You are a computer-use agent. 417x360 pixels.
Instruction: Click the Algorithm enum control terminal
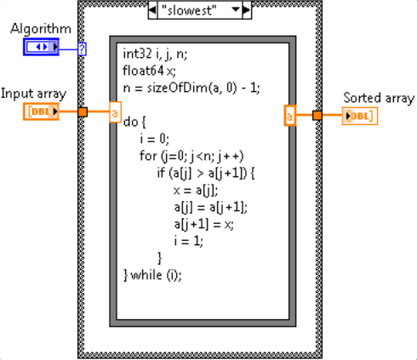pyautogui.click(x=41, y=47)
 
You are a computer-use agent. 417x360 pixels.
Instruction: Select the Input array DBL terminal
pyautogui.click(x=41, y=111)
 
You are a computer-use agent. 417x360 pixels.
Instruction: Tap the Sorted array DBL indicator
pyautogui.click(x=360, y=116)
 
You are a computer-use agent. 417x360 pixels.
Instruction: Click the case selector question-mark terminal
pyautogui.click(x=82, y=49)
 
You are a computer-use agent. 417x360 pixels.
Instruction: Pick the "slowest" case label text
pyautogui.click(x=189, y=10)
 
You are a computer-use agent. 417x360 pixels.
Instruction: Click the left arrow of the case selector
pyautogui.click(x=152, y=10)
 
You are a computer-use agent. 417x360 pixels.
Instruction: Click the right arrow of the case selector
pyautogui.click(x=247, y=10)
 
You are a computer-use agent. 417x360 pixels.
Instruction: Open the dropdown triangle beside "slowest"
pyautogui.click(x=236, y=9)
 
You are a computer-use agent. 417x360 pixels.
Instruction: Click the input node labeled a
pyautogui.click(x=115, y=112)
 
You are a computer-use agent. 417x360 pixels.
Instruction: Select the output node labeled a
pyautogui.click(x=290, y=116)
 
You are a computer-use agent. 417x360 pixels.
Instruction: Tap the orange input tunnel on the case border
pyautogui.click(x=83, y=111)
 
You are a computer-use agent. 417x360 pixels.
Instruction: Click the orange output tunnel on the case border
pyautogui.click(x=317, y=116)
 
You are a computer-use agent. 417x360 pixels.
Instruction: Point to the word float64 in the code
pyautogui.click(x=143, y=71)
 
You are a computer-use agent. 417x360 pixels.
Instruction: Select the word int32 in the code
pyautogui.click(x=137, y=54)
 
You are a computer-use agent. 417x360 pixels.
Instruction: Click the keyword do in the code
pyautogui.click(x=131, y=122)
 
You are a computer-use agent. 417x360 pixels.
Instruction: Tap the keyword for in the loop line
pyautogui.click(x=148, y=156)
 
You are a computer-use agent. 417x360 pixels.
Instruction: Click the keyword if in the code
pyautogui.click(x=161, y=173)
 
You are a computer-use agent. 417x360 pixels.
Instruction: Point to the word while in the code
pyautogui.click(x=146, y=275)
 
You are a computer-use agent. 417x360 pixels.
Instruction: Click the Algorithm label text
pyautogui.click(x=41, y=29)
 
